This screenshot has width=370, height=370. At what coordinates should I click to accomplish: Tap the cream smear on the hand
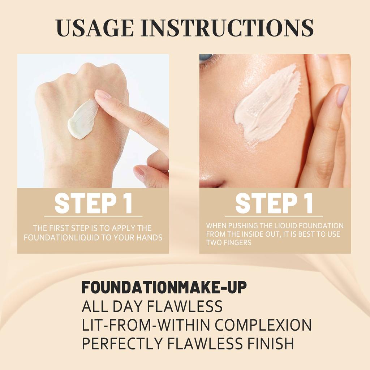coord(82,119)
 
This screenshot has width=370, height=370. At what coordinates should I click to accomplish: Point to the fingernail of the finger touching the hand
coord(103,95)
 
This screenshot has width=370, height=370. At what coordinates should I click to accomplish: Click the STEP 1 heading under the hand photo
coord(93,204)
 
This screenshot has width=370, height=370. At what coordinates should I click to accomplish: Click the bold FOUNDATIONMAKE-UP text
coord(164,287)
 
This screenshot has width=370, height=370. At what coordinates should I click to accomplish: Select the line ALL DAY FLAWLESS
coord(152,306)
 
